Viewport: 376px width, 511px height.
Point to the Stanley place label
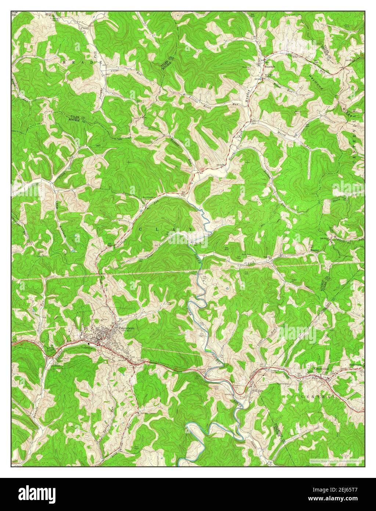[x=315, y=250]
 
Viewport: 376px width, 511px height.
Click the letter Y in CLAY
[x=191, y=230]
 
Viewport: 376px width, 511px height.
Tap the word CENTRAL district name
[x=318, y=397]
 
